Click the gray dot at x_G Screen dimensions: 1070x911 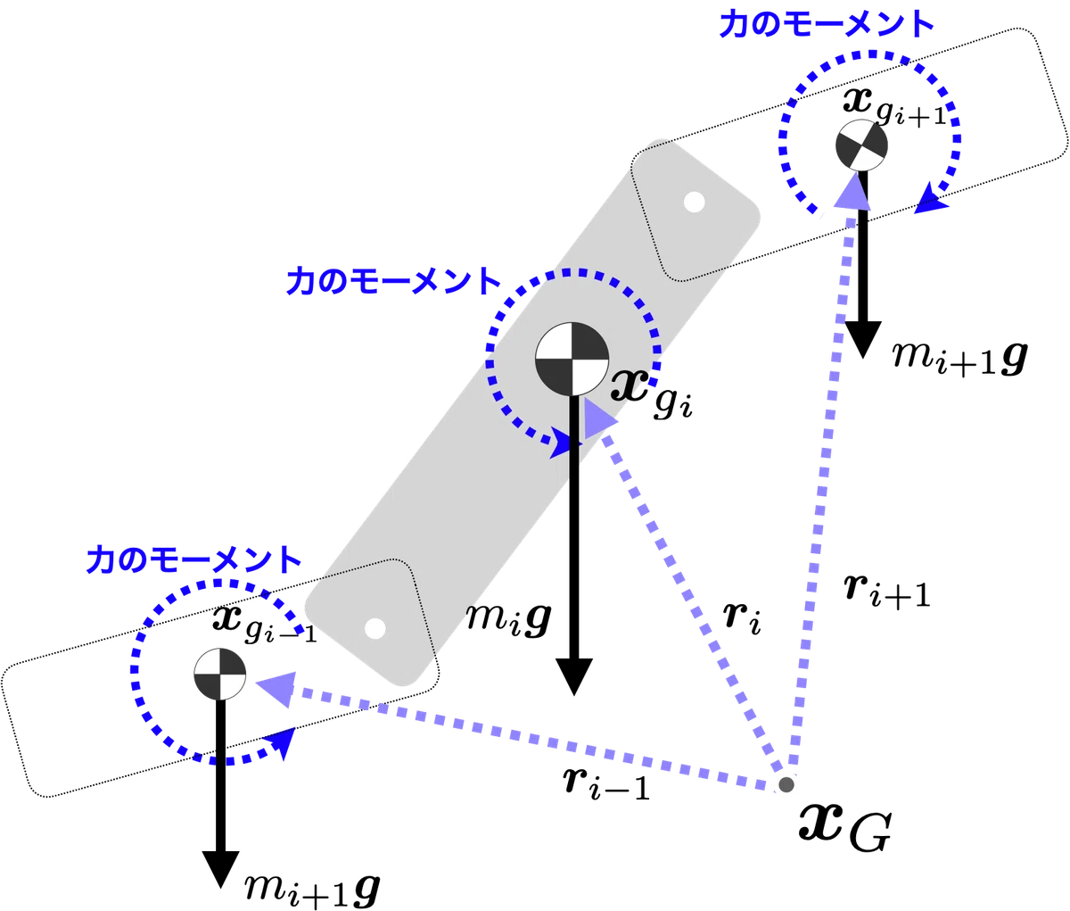[x=786, y=784]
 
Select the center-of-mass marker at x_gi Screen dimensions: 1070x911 [x=572, y=359]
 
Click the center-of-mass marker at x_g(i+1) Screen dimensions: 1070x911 [x=862, y=145]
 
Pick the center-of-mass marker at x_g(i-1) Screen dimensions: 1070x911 [x=219, y=674]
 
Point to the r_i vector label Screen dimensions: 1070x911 [x=742, y=619]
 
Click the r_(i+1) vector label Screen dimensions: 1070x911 [x=886, y=592]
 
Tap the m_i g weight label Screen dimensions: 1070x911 [x=508, y=619]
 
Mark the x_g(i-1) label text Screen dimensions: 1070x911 [x=265, y=625]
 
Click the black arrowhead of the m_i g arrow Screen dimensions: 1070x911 [x=573, y=676]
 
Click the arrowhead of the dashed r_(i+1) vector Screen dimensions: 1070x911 [x=852, y=191]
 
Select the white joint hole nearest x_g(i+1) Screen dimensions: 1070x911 [x=695, y=203]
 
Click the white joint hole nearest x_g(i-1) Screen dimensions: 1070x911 [x=374, y=629]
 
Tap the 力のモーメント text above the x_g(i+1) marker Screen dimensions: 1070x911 [x=827, y=24]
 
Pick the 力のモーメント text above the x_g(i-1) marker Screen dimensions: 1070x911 [x=193, y=559]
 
